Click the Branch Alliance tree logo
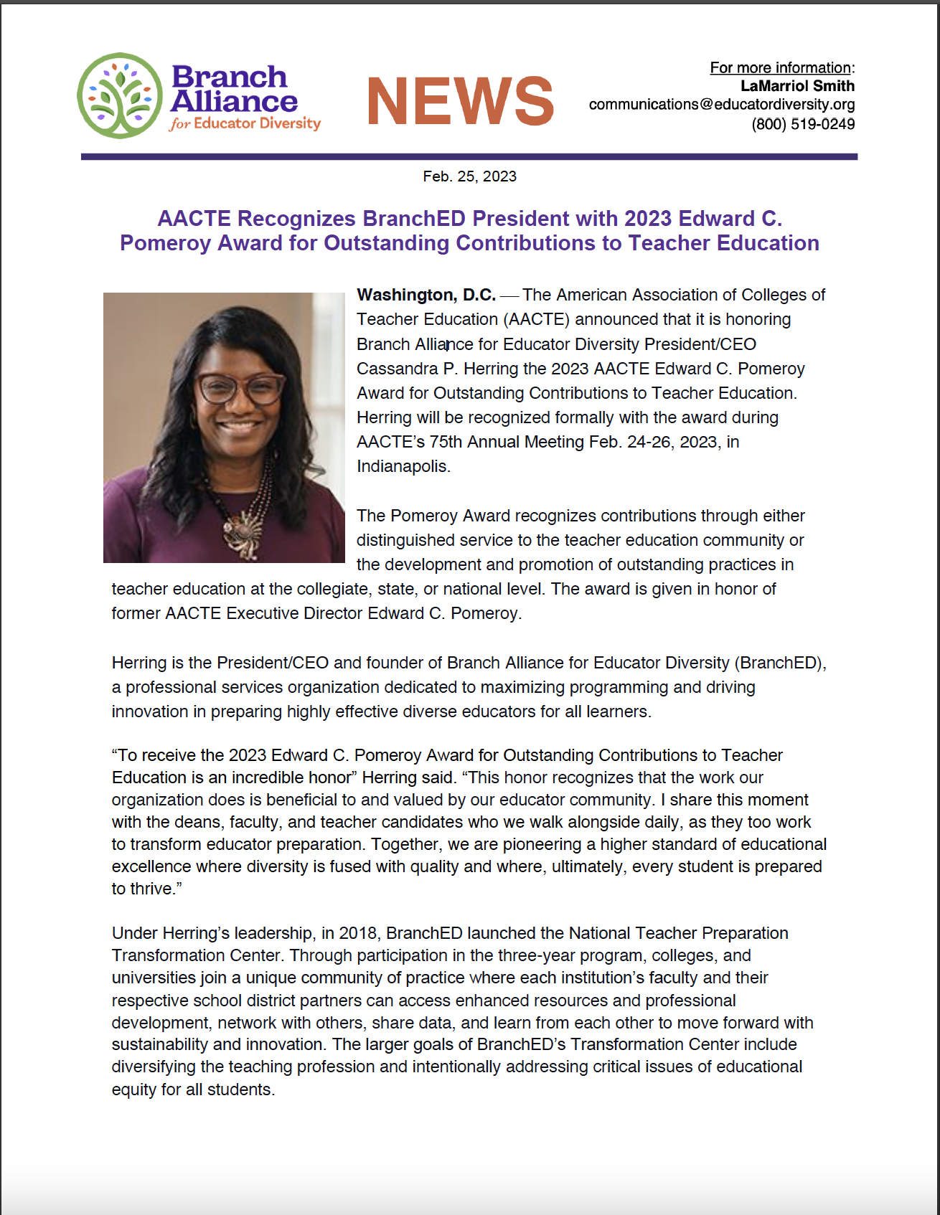120,96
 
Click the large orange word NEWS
460,102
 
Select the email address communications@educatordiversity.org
721,105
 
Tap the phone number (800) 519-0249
802,124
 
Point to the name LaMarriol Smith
797,86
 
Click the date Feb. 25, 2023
469,176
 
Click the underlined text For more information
780,67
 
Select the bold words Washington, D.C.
426,295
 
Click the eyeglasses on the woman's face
240,389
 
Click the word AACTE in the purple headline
194,218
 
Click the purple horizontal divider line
469,156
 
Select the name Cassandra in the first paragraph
397,369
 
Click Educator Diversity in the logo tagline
257,123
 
